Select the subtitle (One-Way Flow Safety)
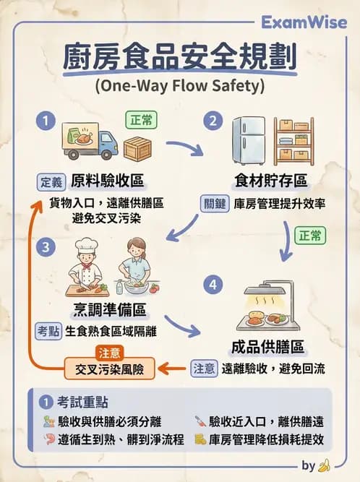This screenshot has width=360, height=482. (179, 86)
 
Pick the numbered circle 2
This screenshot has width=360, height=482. (213, 121)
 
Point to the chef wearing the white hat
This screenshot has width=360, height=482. (86, 266)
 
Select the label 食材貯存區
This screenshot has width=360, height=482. (271, 180)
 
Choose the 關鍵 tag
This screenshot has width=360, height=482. (214, 204)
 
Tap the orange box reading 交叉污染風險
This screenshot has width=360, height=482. (110, 369)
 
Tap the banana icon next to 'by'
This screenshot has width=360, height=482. (325, 465)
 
